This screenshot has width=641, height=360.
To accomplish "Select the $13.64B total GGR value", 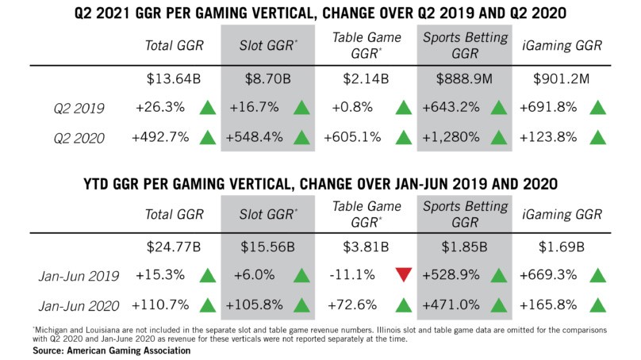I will tap(174, 80).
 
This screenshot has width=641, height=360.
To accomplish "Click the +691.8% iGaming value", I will tap(551, 108).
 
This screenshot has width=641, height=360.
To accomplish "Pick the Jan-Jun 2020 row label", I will tap(77, 304).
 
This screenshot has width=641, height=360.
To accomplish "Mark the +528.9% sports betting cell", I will tap(450, 276).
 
